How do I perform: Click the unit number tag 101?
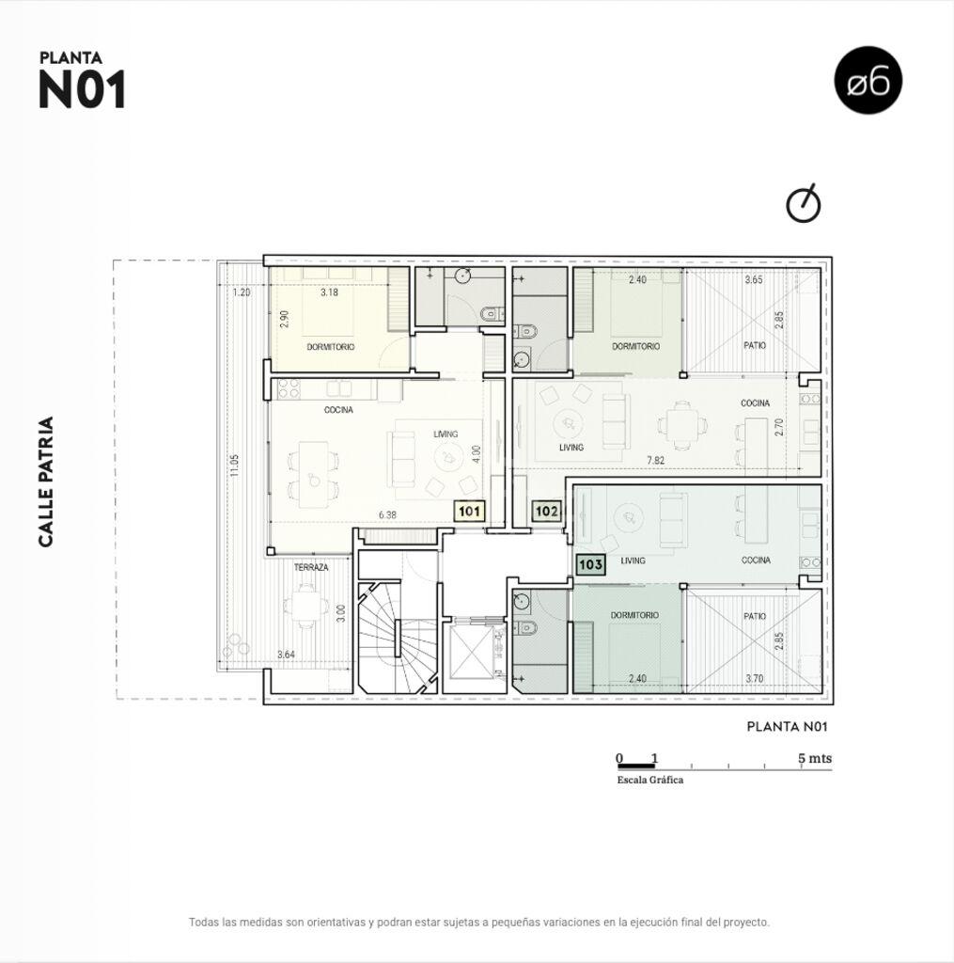(469, 511)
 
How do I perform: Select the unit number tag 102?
(546, 511)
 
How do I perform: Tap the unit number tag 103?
(590, 564)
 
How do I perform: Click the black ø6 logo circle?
(868, 81)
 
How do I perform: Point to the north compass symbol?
(804, 203)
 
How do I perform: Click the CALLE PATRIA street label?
(46, 482)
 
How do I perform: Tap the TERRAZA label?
(311, 567)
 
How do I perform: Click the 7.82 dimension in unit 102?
(656, 460)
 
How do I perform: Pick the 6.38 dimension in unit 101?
(387, 515)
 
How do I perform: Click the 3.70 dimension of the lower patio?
(755, 679)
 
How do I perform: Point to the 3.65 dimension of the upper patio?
(754, 280)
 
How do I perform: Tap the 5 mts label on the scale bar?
(815, 758)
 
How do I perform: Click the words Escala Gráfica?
(650, 780)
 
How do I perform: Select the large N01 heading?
(83, 89)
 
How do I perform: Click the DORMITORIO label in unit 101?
(330, 347)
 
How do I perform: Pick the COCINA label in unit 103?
(756, 560)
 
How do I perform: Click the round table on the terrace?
(304, 605)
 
